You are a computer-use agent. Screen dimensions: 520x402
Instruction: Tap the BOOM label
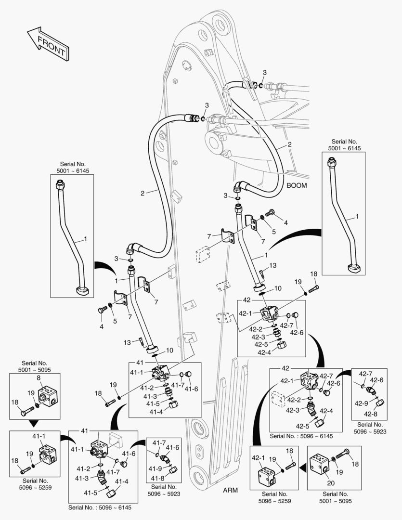297,185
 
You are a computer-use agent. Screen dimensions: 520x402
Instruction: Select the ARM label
231,490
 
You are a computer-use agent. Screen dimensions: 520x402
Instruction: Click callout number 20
330,483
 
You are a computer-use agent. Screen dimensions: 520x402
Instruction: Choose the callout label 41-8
157,478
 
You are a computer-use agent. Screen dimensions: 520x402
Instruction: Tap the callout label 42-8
370,414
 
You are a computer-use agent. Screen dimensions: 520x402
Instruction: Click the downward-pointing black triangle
34,424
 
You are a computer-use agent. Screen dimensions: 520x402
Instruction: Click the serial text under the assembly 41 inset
100,507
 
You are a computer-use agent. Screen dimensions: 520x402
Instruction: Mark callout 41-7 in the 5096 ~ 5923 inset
159,442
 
